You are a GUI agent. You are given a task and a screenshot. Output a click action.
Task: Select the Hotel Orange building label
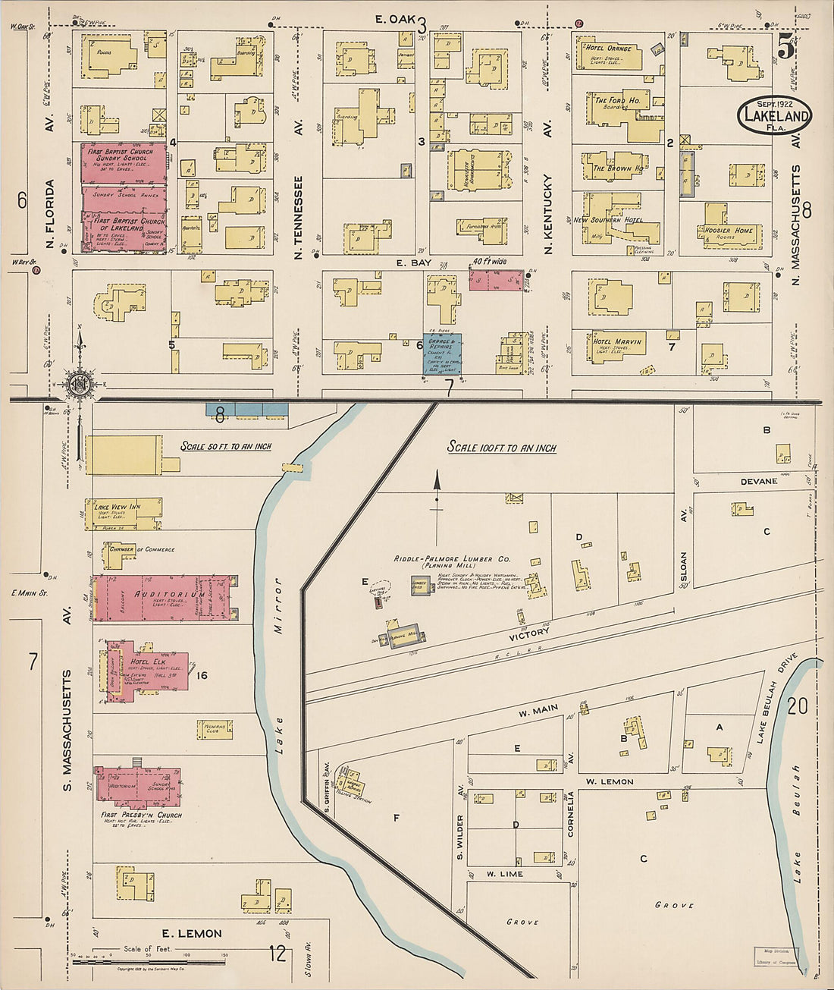pos(607,49)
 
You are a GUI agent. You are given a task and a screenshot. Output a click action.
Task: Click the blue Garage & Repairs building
pos(442,354)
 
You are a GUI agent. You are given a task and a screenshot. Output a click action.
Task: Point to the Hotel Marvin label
pos(617,341)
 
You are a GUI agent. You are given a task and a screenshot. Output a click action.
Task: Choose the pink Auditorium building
pos(163,598)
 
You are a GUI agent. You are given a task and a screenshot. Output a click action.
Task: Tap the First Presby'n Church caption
pos(141,816)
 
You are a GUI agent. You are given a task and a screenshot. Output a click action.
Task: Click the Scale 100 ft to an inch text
pos(501,448)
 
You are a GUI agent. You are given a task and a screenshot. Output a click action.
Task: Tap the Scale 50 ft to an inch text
pos(225,446)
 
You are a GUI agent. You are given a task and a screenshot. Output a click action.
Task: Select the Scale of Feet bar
pos(148,960)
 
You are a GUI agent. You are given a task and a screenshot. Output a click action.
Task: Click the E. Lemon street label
pos(190,933)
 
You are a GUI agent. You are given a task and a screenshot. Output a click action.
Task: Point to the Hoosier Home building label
pos(727,231)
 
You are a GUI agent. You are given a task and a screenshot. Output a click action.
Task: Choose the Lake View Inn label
pos(117,506)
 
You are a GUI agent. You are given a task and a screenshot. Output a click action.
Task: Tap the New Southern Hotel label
pos(607,220)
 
